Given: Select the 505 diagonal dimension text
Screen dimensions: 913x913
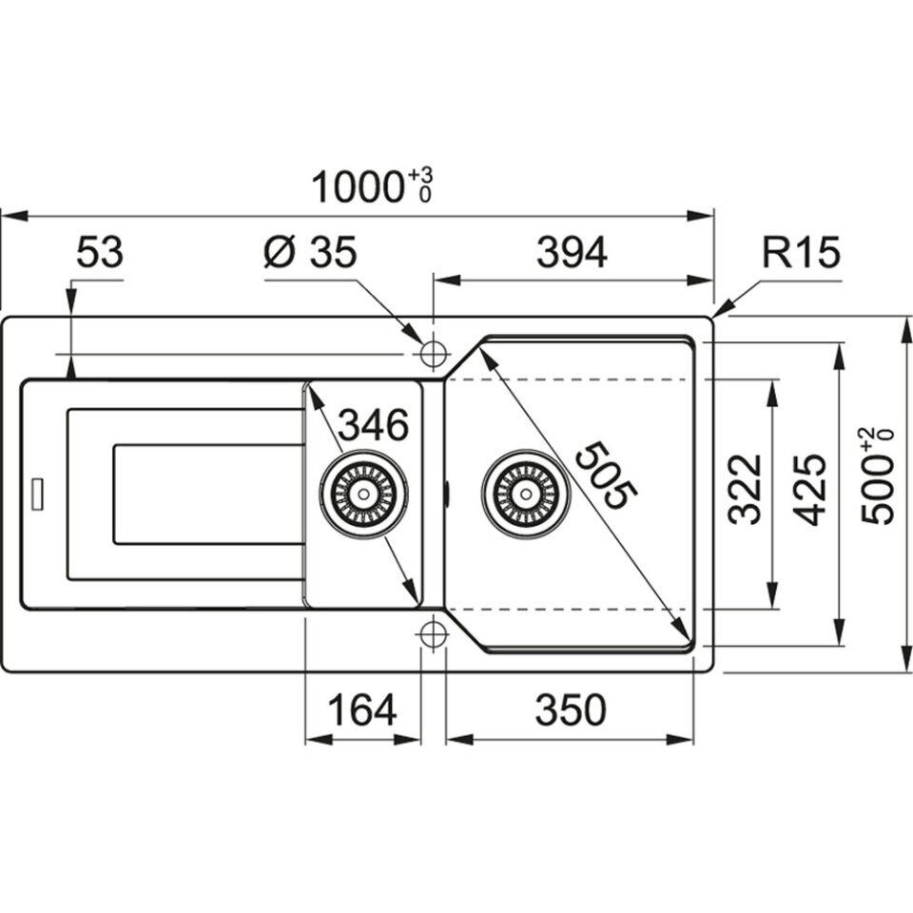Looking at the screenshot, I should pos(606,476).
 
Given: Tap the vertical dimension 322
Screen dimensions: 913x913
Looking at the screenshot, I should pos(746,490).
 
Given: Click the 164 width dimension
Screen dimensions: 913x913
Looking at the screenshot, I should pos(361,709).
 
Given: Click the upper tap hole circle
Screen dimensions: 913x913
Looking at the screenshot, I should pos(433,355).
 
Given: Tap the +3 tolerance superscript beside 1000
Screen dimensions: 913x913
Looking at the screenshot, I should pos(422,176).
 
